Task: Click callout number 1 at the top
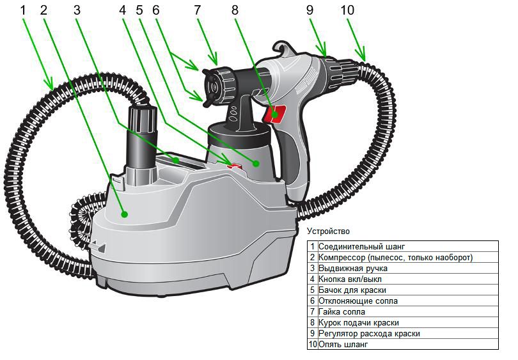pos(23,10)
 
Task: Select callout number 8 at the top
pos(235,10)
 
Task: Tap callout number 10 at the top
pos(347,10)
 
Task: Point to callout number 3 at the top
pos(77,10)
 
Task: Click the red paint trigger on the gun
pos(274,114)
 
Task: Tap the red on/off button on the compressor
pos(235,166)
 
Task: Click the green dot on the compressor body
pos(124,214)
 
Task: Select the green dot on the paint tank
pos(255,163)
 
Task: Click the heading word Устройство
pos(328,231)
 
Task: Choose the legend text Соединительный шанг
pos(361,246)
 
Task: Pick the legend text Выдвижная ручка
pos(352,268)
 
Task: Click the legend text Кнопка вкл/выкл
pos(350,279)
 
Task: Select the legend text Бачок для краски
pos(352,290)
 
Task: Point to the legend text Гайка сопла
pos(341,311)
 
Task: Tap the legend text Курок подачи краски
pos(358,322)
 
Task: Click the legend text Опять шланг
pos(343,344)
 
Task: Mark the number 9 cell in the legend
pos(313,333)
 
